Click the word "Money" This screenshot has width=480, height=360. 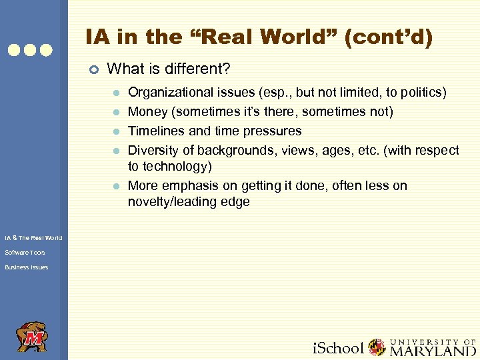(146, 111)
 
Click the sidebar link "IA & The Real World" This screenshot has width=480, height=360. (33, 238)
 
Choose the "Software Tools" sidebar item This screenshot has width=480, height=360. (25, 253)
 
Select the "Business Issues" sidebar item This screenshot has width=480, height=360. (27, 267)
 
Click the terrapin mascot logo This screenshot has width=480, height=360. (32, 337)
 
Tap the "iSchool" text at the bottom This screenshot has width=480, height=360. (339, 348)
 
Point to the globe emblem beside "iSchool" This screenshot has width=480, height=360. (377, 347)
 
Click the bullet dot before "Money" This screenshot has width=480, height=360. (115, 112)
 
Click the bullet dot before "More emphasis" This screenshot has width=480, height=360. (115, 186)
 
